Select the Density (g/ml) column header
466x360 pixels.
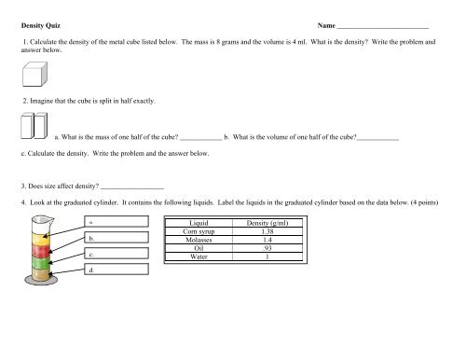267,224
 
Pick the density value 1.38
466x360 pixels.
267,231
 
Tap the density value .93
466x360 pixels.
267,248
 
